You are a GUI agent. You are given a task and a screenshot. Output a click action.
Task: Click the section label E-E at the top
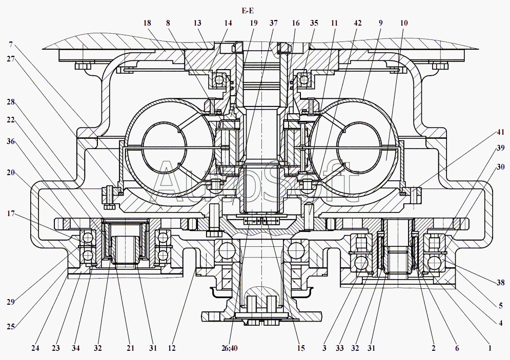[249, 11]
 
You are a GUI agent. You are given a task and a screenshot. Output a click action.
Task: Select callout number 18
[148, 23]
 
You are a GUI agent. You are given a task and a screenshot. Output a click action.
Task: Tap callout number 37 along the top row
[273, 23]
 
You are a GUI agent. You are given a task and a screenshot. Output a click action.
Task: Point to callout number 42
[357, 23]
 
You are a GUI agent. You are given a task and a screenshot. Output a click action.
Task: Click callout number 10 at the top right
[404, 23]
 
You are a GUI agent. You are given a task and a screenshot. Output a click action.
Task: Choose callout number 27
[10, 58]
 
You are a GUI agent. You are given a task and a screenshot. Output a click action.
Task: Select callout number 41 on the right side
[500, 132]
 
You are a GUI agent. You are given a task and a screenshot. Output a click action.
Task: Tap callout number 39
[500, 147]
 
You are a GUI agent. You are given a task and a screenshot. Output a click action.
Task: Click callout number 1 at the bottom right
[490, 348]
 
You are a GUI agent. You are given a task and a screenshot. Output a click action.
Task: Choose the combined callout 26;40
[230, 348]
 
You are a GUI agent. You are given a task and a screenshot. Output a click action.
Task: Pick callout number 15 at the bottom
[300, 348]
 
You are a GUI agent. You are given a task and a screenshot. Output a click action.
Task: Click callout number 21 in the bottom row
[130, 348]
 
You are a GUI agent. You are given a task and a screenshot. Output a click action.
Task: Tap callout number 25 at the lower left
[10, 326]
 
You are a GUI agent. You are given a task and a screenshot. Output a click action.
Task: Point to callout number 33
[339, 348]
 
